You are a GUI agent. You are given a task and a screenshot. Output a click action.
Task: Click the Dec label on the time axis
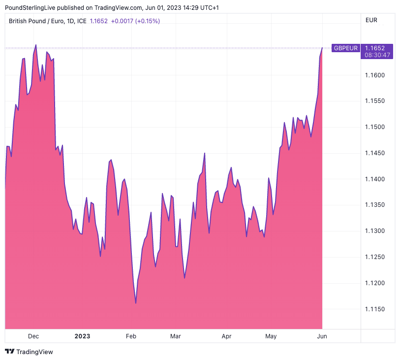point(33,336)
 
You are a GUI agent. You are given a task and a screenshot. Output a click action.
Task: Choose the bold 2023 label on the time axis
point(82,336)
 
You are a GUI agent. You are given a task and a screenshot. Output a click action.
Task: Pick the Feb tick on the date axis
point(131,336)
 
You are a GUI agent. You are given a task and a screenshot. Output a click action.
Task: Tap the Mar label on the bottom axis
point(175,336)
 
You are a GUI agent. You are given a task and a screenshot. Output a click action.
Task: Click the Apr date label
point(226,336)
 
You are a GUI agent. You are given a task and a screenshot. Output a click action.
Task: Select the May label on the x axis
point(271,336)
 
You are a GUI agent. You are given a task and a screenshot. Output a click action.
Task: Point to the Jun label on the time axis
point(322,336)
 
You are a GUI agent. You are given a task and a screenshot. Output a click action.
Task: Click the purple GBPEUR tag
point(345,48)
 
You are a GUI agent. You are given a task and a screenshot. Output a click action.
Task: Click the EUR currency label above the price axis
point(371,20)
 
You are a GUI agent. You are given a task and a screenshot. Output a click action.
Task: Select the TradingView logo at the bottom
point(29,352)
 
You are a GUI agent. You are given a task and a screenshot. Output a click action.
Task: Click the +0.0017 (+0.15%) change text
point(135,21)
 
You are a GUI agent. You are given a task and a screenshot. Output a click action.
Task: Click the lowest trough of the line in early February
point(136,303)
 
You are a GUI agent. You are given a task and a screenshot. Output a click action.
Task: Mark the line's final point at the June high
point(322,48)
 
